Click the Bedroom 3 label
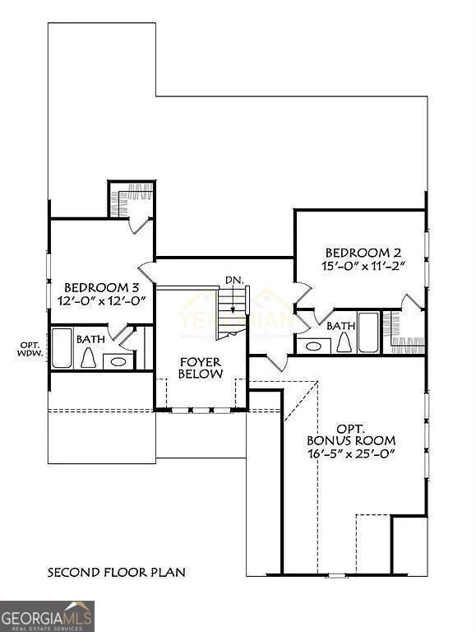click(x=99, y=287)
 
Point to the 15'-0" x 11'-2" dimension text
click(x=363, y=266)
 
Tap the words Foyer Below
click(x=201, y=367)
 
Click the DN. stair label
click(x=234, y=281)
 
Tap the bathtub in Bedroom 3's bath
click(x=62, y=348)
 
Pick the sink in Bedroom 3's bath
click(x=118, y=360)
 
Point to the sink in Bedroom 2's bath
click(x=312, y=346)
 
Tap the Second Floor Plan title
click(x=116, y=571)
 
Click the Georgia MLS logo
click(x=48, y=616)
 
